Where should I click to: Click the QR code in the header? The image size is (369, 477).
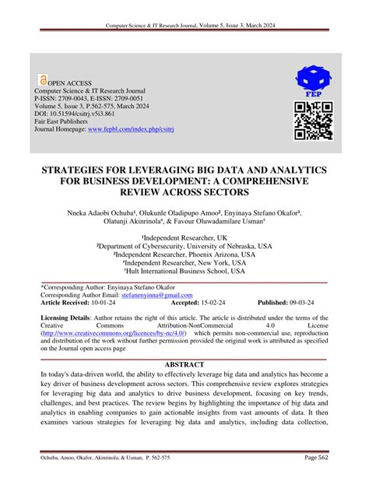click(314, 121)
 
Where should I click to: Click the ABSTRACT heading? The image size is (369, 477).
click(184, 365)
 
